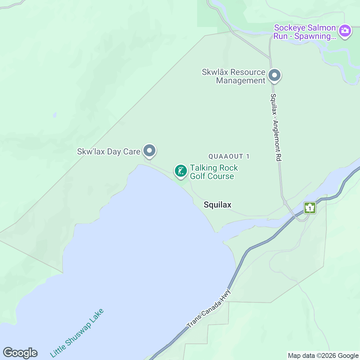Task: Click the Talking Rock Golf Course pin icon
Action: [x=181, y=171]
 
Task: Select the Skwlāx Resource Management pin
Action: [x=274, y=75]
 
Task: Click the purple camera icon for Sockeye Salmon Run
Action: [x=345, y=31]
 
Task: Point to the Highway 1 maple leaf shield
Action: [x=310, y=208]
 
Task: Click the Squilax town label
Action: [x=217, y=205]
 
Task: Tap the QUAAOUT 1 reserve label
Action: [x=229, y=156]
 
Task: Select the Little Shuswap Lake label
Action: [x=76, y=333]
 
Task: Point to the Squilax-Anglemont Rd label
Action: [x=276, y=127]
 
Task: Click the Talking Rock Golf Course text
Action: [x=214, y=172]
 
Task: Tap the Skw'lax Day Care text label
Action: [x=109, y=151]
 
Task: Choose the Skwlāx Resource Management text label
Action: [x=234, y=76]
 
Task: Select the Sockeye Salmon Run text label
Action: [x=304, y=32]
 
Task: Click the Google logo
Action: [x=20, y=353]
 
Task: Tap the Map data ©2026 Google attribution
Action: [x=323, y=356]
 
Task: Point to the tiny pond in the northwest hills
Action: [x=55, y=115]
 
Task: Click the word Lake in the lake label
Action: [x=96, y=316]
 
